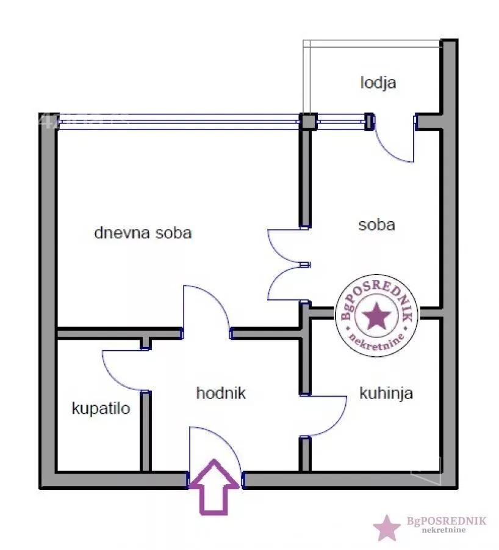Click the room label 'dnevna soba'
[x=143, y=233]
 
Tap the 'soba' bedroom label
[x=376, y=224]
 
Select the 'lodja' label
[x=378, y=82]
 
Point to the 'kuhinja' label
[x=386, y=392]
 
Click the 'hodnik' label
[x=221, y=393]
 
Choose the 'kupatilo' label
[x=101, y=408]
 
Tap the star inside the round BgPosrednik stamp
[x=376, y=316]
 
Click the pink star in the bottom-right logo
[x=387, y=527]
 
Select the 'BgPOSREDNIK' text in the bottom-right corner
[x=447, y=521]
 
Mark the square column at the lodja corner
[x=307, y=121]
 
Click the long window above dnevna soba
[x=177, y=121]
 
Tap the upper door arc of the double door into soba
[x=278, y=244]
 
